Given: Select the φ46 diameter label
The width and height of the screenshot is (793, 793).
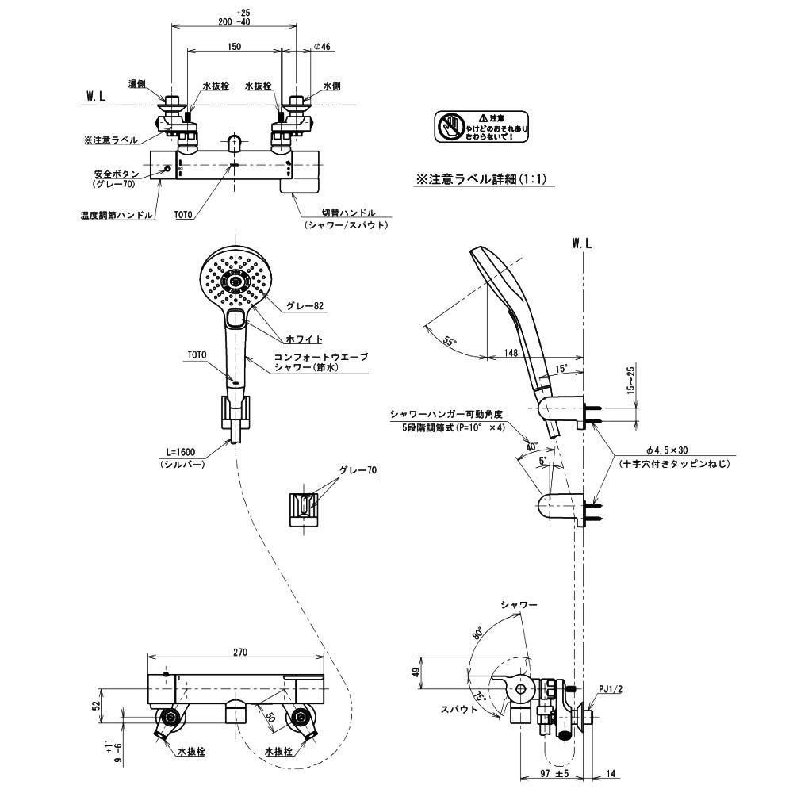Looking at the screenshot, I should [321, 48].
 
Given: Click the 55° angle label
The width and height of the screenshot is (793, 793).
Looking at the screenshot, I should [450, 341].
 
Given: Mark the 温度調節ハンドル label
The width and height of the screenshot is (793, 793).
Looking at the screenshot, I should [117, 214].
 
